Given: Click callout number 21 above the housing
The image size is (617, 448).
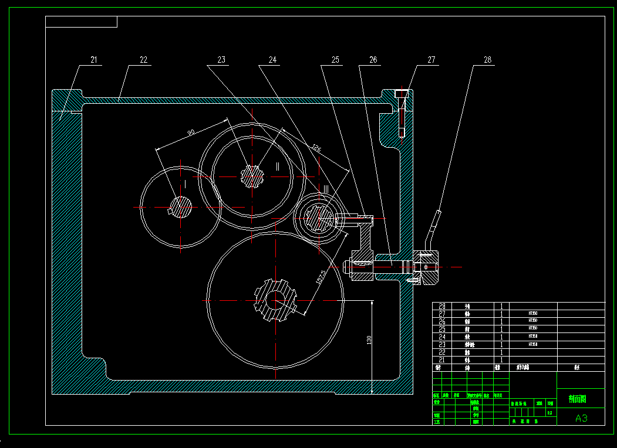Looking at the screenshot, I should pyautogui.click(x=94, y=60).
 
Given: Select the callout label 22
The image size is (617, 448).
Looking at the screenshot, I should pyautogui.click(x=143, y=60).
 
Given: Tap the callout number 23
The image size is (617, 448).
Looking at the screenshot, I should pyautogui.click(x=221, y=60).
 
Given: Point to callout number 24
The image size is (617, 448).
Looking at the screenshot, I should pyautogui.click(x=272, y=60).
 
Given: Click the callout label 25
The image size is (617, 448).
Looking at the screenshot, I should pyautogui.click(x=335, y=60).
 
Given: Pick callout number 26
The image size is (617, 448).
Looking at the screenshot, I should pyautogui.click(x=373, y=60).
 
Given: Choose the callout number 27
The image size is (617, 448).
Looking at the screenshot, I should pyautogui.click(x=431, y=60).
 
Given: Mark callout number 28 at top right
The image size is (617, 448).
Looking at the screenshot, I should pyautogui.click(x=487, y=60).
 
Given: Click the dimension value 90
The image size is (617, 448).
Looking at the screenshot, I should pyautogui.click(x=191, y=133).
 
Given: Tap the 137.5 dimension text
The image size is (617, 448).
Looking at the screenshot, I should pyautogui.click(x=321, y=277).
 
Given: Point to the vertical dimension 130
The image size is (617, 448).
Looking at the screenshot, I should pyautogui.click(x=369, y=340).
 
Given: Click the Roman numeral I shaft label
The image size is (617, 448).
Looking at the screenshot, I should pyautogui.click(x=186, y=184).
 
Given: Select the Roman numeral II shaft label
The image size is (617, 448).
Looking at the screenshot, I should pyautogui.click(x=278, y=166).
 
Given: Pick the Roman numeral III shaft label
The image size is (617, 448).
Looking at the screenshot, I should pyautogui.click(x=327, y=188).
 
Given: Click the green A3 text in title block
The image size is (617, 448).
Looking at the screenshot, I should pyautogui.click(x=581, y=418).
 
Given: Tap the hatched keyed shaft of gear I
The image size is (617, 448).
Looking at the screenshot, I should pyautogui.click(x=181, y=206).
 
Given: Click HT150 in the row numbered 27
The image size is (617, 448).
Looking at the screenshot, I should pyautogui.click(x=532, y=314).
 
